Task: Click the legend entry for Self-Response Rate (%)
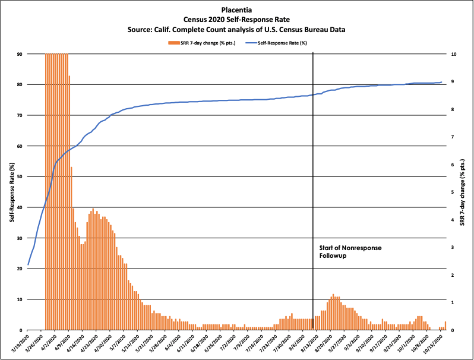coord(282,43)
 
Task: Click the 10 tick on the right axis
coord(454,54)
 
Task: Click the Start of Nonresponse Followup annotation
coord(347,251)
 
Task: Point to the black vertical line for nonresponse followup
coord(313,178)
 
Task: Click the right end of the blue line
coord(441,82)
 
